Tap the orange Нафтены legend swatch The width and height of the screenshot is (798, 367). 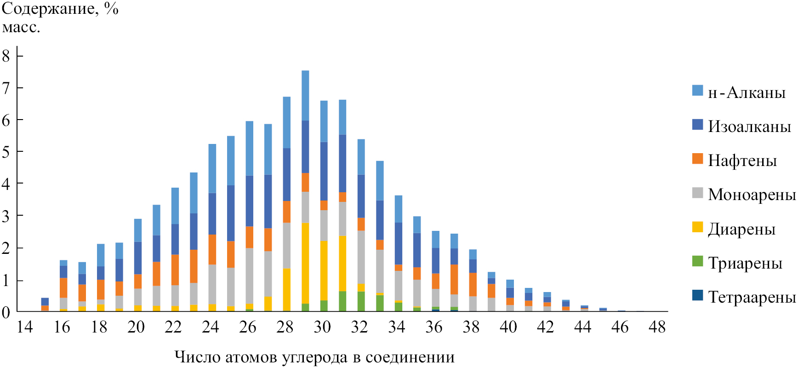point(697,159)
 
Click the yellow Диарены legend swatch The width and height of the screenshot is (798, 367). point(697,227)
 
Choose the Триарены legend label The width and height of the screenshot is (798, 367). point(745,263)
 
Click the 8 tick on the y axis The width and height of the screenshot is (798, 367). point(6,56)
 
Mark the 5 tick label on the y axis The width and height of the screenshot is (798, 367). point(6,152)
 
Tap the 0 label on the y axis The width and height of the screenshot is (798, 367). point(6,313)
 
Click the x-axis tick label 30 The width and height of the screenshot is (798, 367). point(322,327)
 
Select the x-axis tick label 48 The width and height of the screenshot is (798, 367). point(657,327)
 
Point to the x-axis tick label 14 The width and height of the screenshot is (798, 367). point(25,327)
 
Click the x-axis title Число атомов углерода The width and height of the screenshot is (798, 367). point(314,357)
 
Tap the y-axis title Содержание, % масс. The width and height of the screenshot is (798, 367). point(60,17)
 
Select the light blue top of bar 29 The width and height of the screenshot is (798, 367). point(305,95)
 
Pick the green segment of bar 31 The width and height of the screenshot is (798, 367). point(342,301)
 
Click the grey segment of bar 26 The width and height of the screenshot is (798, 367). point(250,275)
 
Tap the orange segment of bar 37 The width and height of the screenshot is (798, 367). point(454,279)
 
